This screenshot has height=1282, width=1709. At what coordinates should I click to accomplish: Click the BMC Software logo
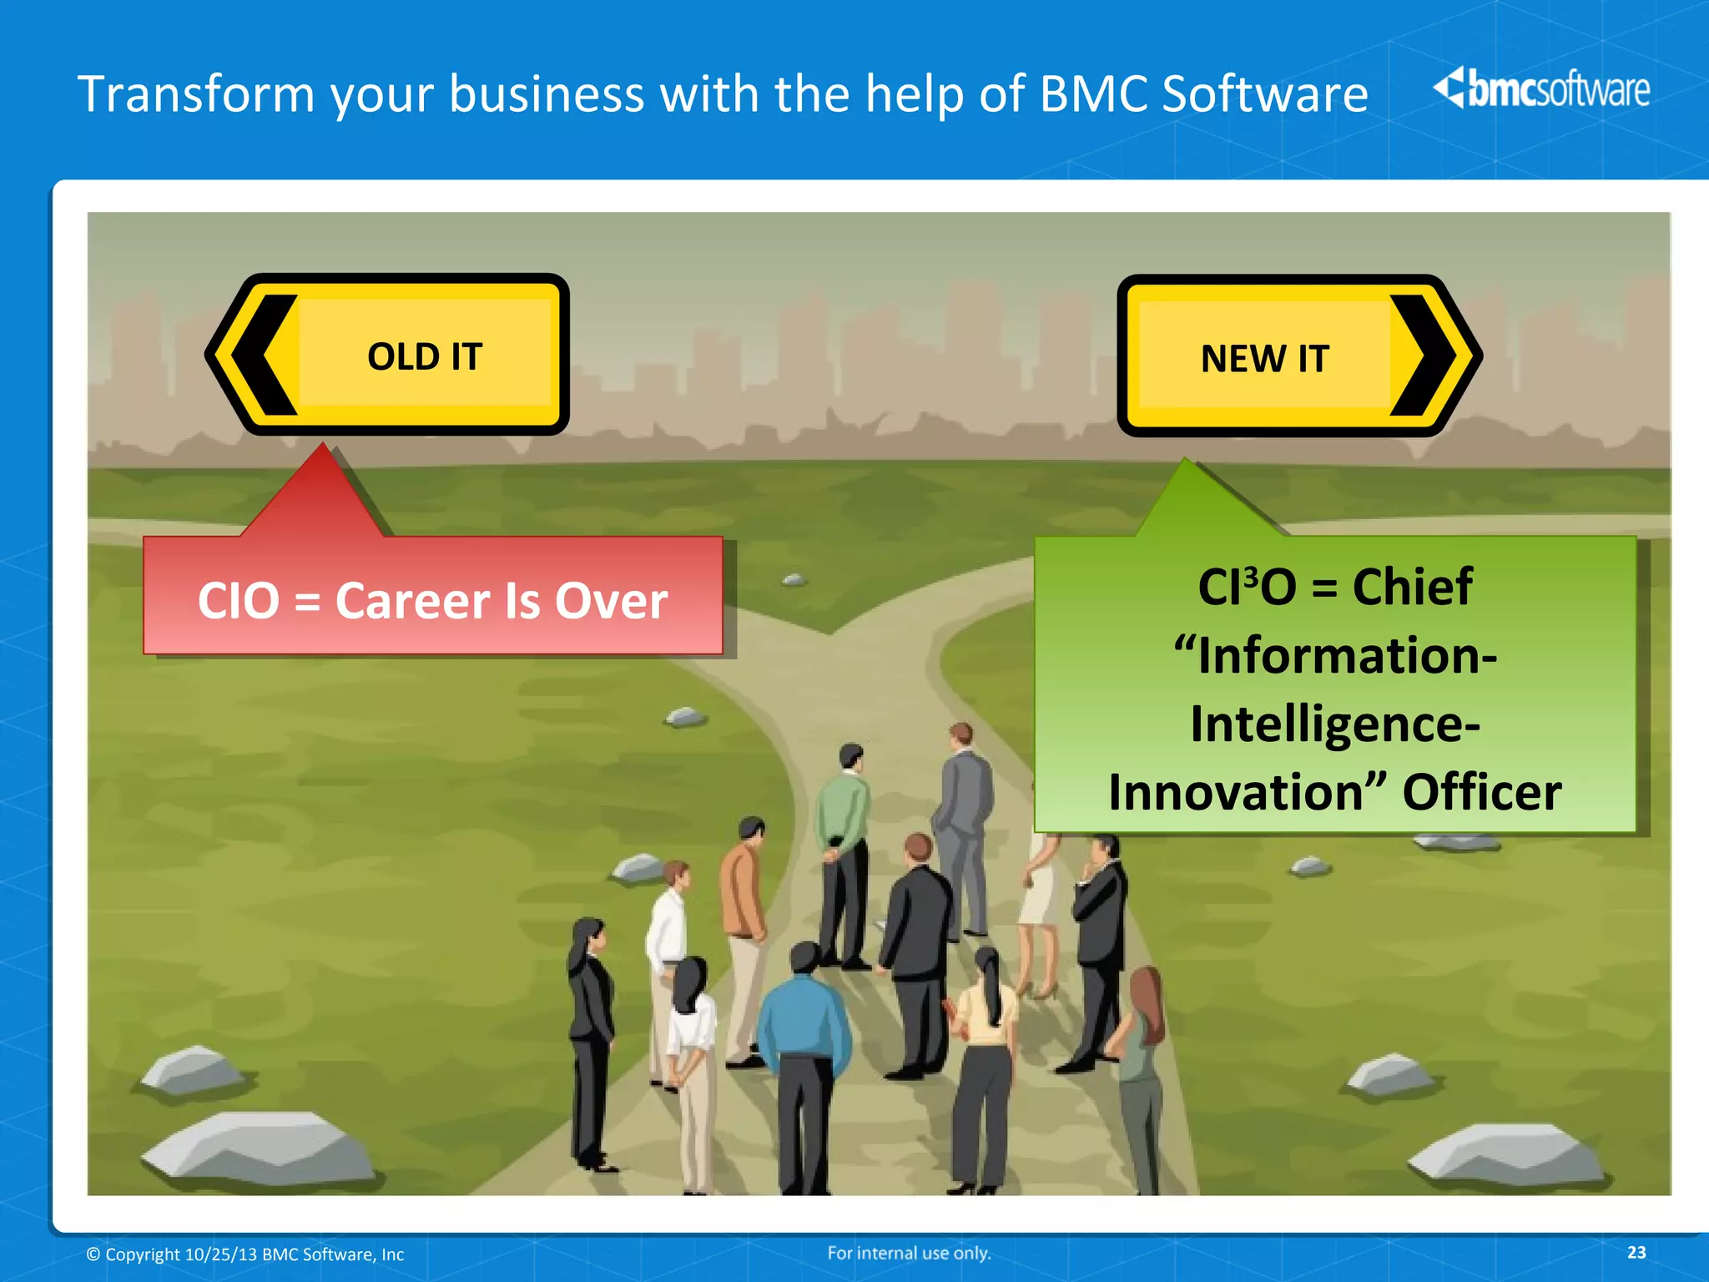[x=1540, y=88]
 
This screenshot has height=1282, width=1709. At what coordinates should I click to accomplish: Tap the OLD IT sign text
[x=425, y=357]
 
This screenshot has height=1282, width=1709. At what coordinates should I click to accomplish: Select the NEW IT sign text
[x=1264, y=359]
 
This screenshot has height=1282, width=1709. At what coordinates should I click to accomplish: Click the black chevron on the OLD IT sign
[x=265, y=355]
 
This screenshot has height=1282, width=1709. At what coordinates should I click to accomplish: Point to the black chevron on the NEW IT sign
[x=1422, y=356]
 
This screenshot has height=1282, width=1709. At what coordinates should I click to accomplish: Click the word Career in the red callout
[x=412, y=601]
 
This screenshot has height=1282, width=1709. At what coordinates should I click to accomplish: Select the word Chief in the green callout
[x=1412, y=587]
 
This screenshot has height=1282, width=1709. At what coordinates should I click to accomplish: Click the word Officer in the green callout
[x=1481, y=792]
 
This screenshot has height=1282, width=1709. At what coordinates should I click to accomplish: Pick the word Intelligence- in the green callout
[x=1335, y=724]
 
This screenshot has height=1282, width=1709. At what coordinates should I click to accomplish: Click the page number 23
[x=1636, y=1252]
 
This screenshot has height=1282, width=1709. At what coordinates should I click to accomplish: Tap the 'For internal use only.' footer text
[x=909, y=1253]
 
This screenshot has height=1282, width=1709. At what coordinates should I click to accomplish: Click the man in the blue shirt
[x=803, y=1052]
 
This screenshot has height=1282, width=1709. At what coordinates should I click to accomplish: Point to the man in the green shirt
[x=844, y=843]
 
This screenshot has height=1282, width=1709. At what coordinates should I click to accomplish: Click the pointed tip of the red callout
[x=323, y=446]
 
